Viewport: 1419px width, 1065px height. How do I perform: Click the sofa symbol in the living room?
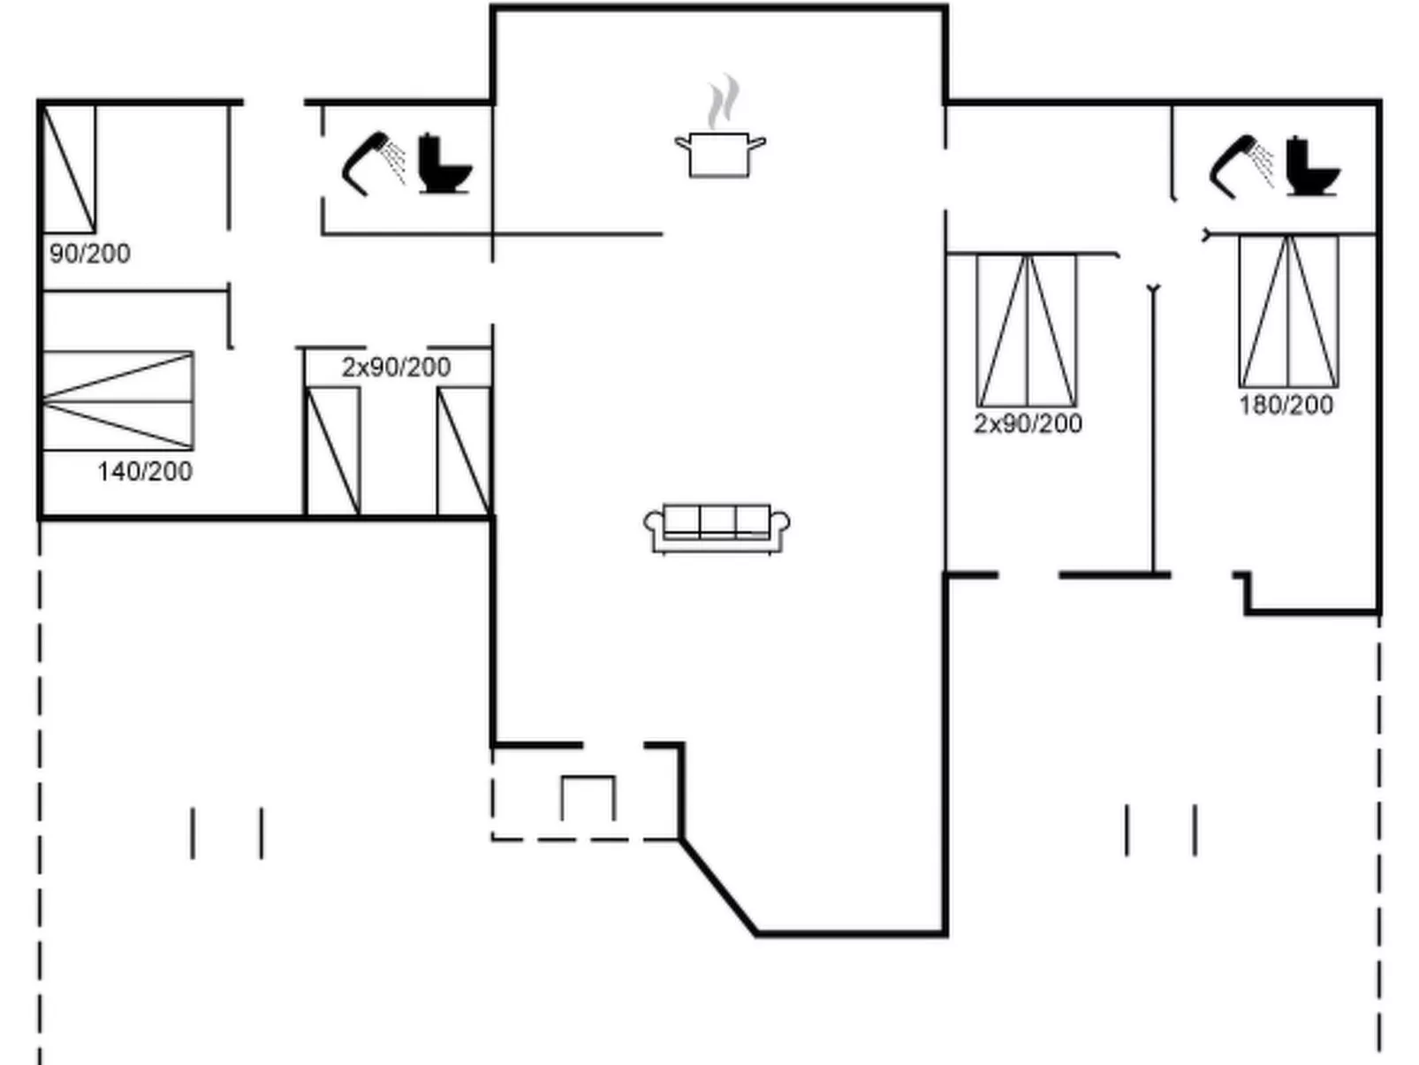pos(717,529)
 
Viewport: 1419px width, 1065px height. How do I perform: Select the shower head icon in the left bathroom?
pos(374,164)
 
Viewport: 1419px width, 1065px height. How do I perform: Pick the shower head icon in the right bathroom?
pos(1241,166)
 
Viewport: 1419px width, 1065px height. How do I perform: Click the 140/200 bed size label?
pos(145,471)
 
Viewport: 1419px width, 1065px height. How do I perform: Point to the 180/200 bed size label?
pos(1286,405)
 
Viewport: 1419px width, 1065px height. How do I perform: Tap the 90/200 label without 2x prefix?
pos(90,254)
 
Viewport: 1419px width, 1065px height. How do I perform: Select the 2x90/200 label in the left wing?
pos(396,368)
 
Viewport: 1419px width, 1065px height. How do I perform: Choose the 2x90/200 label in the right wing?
pos(1028,423)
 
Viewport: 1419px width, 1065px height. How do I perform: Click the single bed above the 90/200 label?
pos(69,168)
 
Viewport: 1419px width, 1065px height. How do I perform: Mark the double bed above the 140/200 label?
pos(118,401)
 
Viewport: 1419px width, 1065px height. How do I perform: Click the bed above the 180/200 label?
pos(1288,311)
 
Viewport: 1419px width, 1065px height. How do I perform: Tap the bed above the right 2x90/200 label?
pos(1027,331)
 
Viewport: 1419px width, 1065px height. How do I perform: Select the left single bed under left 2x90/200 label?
pos(333,452)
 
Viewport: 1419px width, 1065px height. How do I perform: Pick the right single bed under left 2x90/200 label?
pos(464,452)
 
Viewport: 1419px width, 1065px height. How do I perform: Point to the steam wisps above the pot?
pos(724,102)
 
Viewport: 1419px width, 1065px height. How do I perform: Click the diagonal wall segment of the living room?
pos(718,886)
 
